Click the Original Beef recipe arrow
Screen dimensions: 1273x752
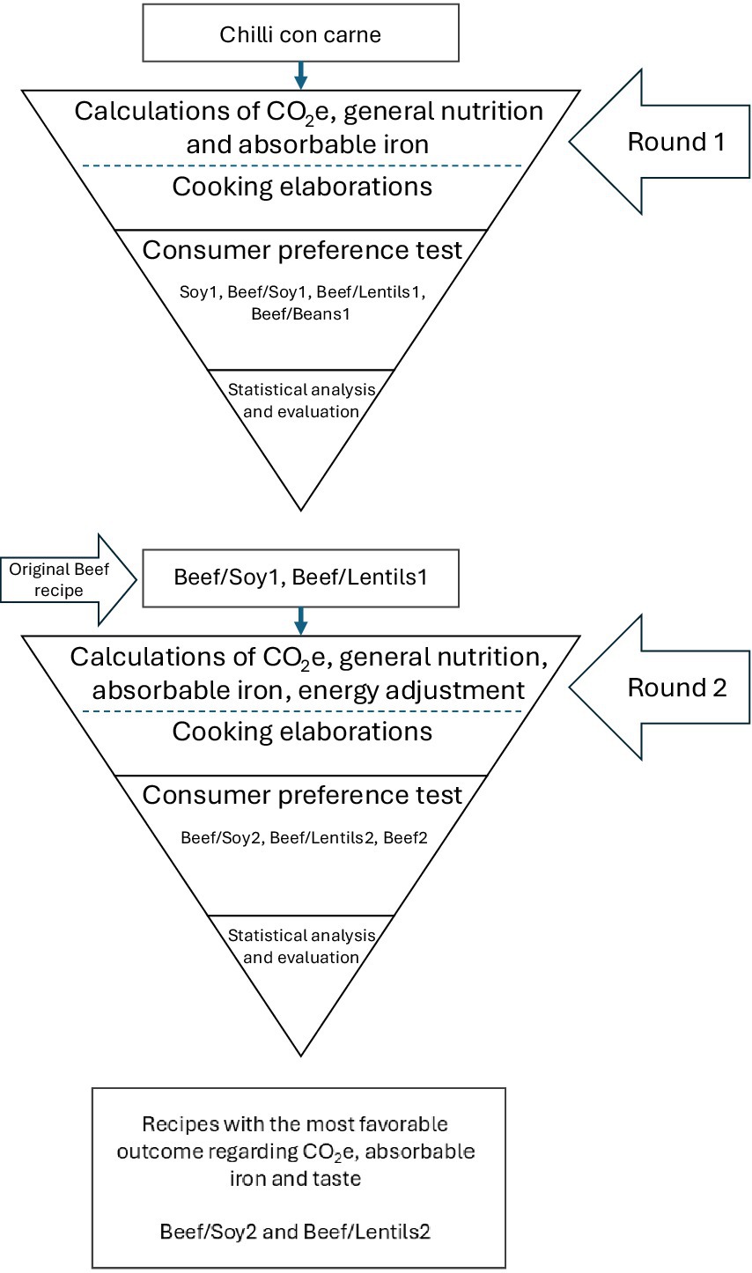66,579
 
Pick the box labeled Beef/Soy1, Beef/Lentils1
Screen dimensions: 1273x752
300,578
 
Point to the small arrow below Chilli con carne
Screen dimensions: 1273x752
301,75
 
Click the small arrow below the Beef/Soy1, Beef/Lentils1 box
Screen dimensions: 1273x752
301,621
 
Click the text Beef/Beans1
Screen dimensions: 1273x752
300,313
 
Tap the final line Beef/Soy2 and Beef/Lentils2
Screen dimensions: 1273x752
295,1232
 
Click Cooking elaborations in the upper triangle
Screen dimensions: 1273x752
302,187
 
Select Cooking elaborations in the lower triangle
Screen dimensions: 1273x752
302,732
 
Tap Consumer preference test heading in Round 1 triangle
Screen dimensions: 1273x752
302,250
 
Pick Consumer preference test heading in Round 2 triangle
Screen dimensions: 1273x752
302,795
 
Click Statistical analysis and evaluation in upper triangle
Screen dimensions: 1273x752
301,401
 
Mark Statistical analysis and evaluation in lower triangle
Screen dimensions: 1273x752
301,946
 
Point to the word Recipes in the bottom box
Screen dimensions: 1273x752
171,1124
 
